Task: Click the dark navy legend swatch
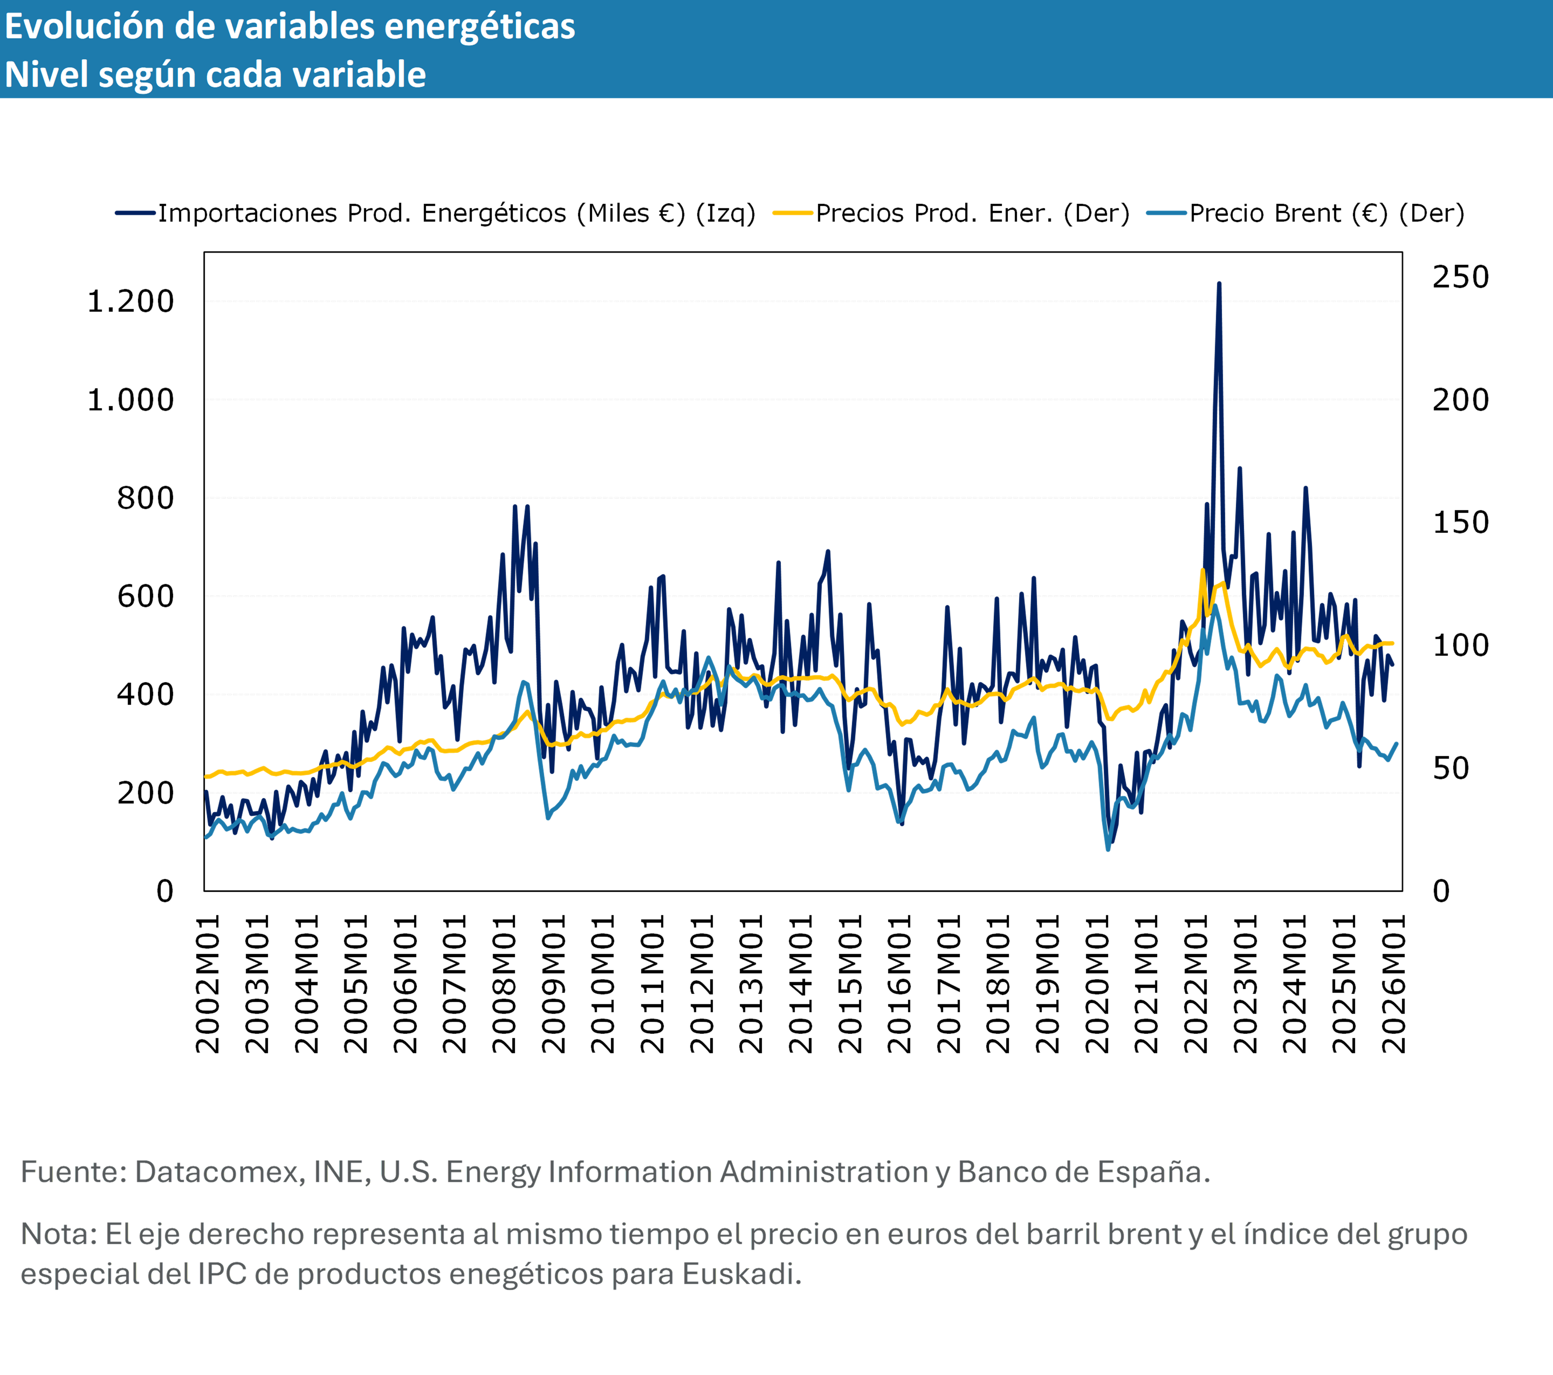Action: (135, 213)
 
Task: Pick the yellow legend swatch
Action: (792, 213)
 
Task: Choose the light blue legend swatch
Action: (1166, 213)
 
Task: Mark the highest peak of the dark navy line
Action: (1220, 284)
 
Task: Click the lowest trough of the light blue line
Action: (1108, 849)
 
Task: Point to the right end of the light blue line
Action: (1396, 744)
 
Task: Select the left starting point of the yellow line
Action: (206, 777)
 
